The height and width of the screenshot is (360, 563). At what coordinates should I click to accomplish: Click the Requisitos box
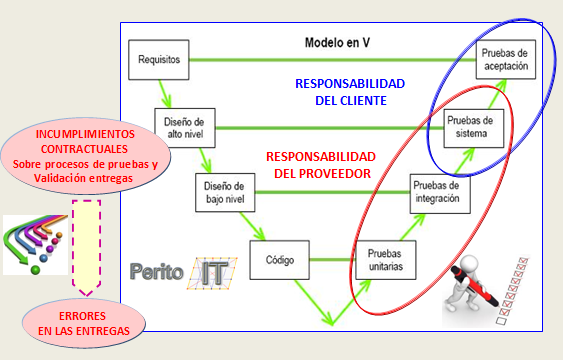[159, 60]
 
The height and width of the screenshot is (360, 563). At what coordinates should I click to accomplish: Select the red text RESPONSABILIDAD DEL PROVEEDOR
[320, 165]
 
